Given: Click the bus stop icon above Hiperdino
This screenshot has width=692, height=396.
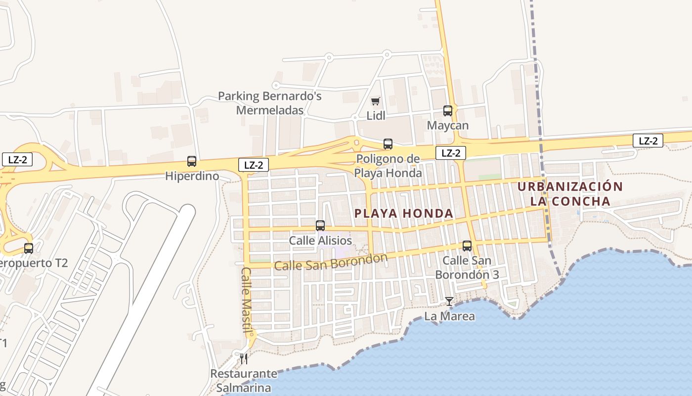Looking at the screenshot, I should pos(192,161).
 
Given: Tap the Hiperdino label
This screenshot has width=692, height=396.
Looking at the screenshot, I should pos(192,176).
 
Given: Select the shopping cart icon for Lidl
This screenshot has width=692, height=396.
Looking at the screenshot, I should pos(376,101).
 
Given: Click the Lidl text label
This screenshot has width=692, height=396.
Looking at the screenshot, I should pos(376,115).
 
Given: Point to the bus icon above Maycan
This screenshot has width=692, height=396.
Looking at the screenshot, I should pos(448,111).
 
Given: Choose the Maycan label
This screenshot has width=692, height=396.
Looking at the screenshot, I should pos(448,126).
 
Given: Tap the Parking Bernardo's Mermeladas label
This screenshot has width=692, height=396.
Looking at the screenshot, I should pos(270,103).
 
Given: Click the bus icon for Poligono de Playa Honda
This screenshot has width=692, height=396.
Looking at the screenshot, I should pos(388,144).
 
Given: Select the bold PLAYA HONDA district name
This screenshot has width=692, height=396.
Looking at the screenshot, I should pos(404,213).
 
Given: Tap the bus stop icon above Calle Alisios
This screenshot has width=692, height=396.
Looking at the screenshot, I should pos(320,226).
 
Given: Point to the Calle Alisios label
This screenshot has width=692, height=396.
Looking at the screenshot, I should pos(320,241).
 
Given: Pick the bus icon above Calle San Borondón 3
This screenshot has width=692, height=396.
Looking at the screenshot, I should pos(467,246).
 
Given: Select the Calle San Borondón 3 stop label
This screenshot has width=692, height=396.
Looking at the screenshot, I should pos(467,267).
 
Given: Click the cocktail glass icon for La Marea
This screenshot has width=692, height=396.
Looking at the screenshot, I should pos(449,301).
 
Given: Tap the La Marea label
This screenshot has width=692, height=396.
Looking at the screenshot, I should pos(450,316).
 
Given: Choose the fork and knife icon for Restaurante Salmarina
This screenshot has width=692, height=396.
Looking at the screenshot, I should pos(243,358).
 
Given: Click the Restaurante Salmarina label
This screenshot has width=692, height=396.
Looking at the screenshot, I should pos(244,380).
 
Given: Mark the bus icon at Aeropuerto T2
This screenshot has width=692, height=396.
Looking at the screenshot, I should pos(29,248).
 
